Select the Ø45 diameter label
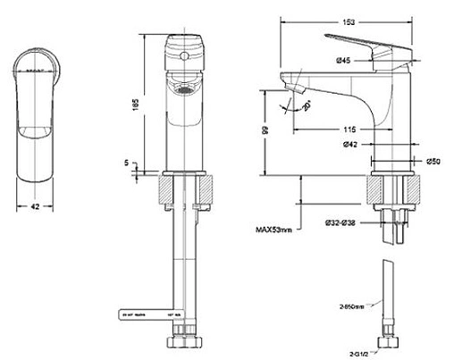coord(343,60)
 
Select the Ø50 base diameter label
coord(433,161)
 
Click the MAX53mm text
coord(272,230)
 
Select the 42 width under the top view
coord(37,205)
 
